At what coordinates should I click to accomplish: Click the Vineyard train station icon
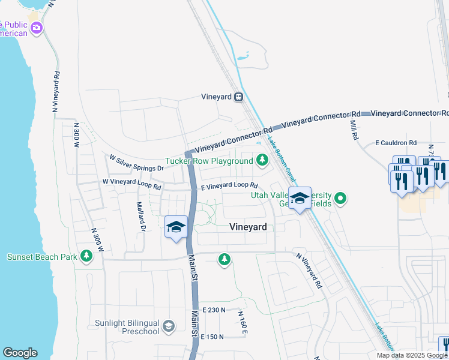(x=238, y=97)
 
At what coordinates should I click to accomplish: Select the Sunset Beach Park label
(x=42, y=257)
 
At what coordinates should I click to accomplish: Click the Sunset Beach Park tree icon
(x=86, y=257)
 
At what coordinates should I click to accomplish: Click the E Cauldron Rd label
(x=396, y=143)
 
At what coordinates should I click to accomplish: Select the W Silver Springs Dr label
(x=136, y=163)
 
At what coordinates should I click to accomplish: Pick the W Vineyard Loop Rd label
(x=132, y=183)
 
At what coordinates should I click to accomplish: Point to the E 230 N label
(x=214, y=310)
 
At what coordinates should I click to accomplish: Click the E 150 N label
(x=212, y=337)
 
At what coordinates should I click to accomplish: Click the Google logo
(x=20, y=353)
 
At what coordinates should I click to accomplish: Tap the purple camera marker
(x=37, y=28)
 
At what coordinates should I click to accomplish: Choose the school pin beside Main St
(x=176, y=227)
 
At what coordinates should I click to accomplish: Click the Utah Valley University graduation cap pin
(x=299, y=197)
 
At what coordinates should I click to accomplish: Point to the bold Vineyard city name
(x=248, y=227)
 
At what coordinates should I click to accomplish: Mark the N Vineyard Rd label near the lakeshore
(x=56, y=93)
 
